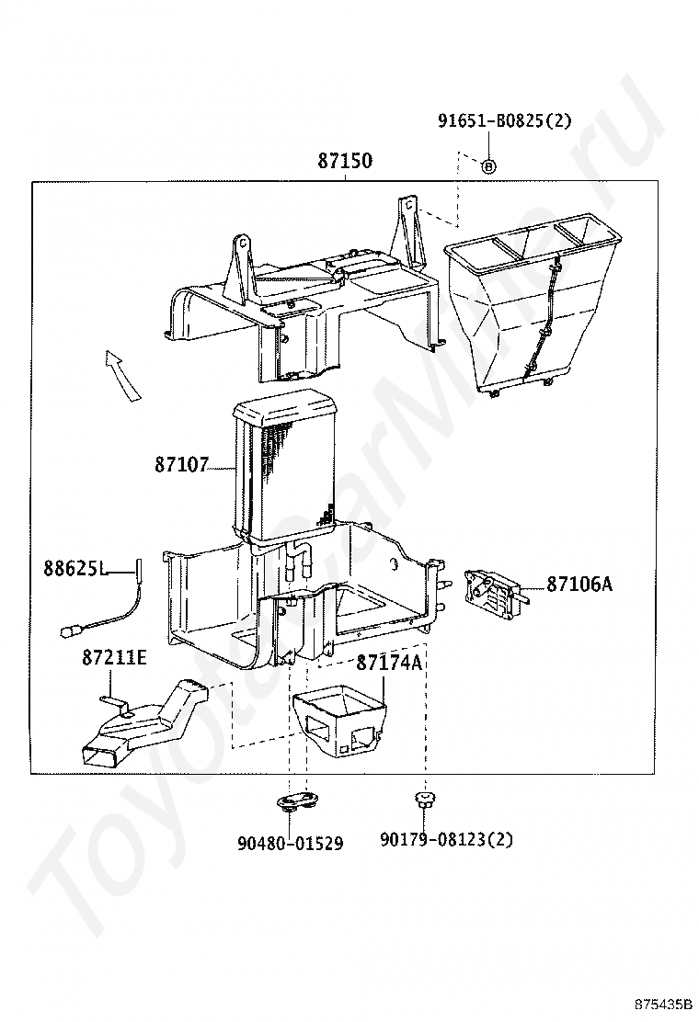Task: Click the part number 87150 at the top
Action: (x=345, y=160)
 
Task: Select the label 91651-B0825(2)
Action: (x=504, y=120)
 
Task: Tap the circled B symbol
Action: (x=488, y=165)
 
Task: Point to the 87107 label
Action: (x=181, y=465)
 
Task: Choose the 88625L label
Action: (x=75, y=568)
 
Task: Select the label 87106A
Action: (x=579, y=584)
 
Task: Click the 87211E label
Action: (x=115, y=658)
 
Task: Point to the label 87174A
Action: (x=389, y=663)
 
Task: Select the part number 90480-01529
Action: (x=290, y=844)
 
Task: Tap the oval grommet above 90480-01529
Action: (x=298, y=801)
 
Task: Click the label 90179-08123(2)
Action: (x=447, y=839)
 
